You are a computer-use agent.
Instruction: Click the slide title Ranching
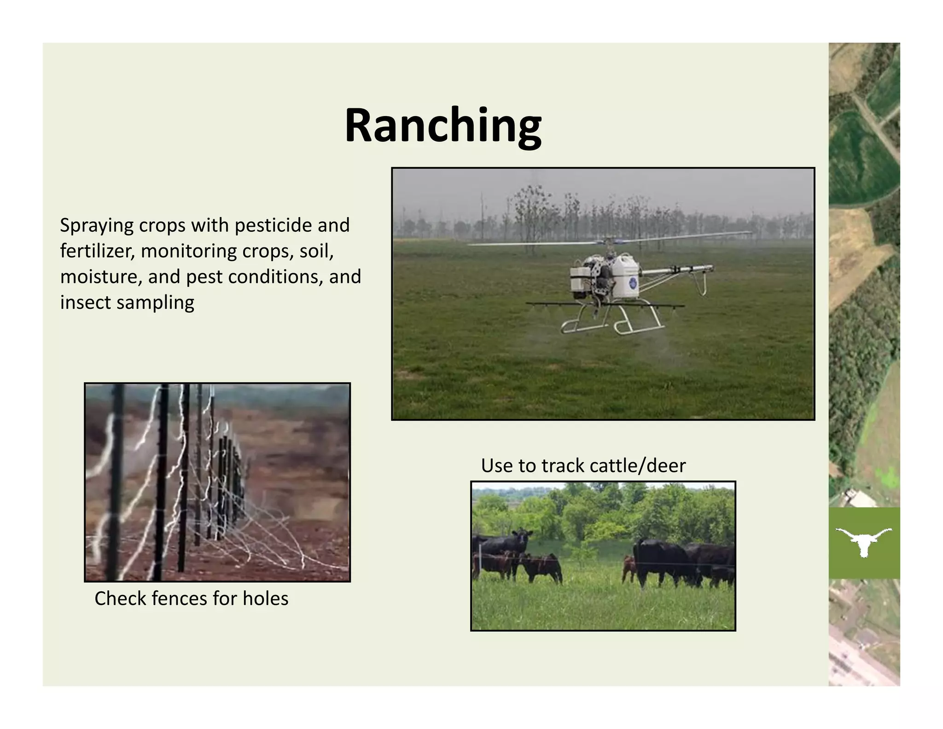(x=443, y=125)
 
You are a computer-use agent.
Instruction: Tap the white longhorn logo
(x=864, y=542)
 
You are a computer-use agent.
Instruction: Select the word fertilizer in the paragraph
(x=97, y=251)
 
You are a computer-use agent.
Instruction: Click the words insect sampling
(x=127, y=303)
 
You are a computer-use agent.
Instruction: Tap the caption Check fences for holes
(x=191, y=599)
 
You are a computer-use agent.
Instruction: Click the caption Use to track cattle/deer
(x=583, y=466)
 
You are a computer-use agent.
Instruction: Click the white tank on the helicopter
(x=625, y=276)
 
